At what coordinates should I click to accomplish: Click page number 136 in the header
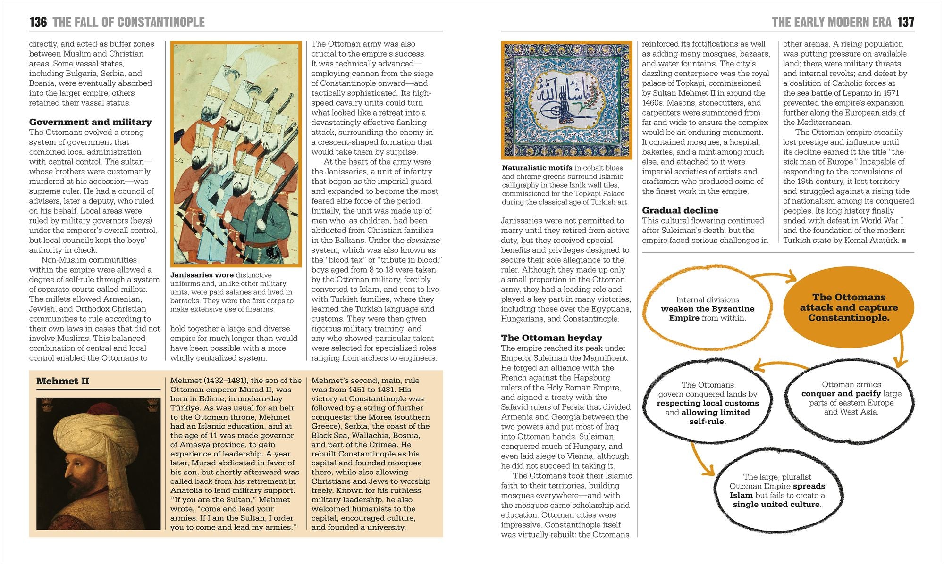click(38, 22)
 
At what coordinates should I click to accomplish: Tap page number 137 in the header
click(906, 22)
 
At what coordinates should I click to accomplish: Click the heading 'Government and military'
click(90, 122)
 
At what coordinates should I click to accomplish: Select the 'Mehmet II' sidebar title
click(63, 381)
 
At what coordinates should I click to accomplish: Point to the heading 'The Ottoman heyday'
click(551, 338)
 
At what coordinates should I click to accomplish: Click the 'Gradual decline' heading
click(680, 210)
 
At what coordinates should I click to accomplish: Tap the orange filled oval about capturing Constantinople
click(849, 307)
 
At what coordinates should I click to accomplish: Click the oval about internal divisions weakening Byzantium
click(707, 309)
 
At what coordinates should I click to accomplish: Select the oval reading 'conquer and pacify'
click(851, 398)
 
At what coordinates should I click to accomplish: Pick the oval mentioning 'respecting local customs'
click(707, 403)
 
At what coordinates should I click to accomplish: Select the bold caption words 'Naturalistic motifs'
click(537, 168)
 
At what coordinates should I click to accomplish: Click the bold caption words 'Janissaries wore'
click(202, 275)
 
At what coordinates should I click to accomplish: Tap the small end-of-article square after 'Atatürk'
click(904, 241)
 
